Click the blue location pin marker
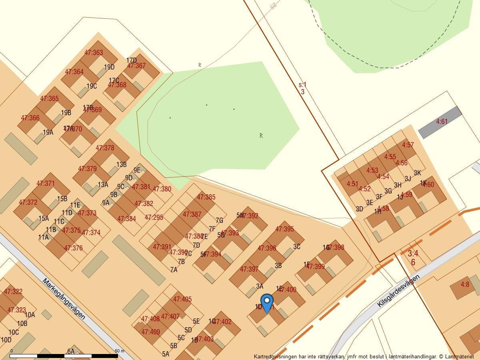tap(267, 302)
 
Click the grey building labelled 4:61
tap(442, 122)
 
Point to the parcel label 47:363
tap(94, 52)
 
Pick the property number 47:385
tap(206, 197)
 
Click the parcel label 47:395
tap(284, 229)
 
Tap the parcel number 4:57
tap(408, 145)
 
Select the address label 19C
tap(92, 86)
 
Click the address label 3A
tap(260, 286)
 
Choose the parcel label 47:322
tap(13, 292)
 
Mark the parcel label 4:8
tap(464, 284)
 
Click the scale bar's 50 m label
tap(120, 351)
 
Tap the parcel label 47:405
tap(182, 299)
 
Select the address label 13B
tap(121, 164)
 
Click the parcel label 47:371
tap(45, 183)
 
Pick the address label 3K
tap(417, 173)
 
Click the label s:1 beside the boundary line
tap(302, 85)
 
